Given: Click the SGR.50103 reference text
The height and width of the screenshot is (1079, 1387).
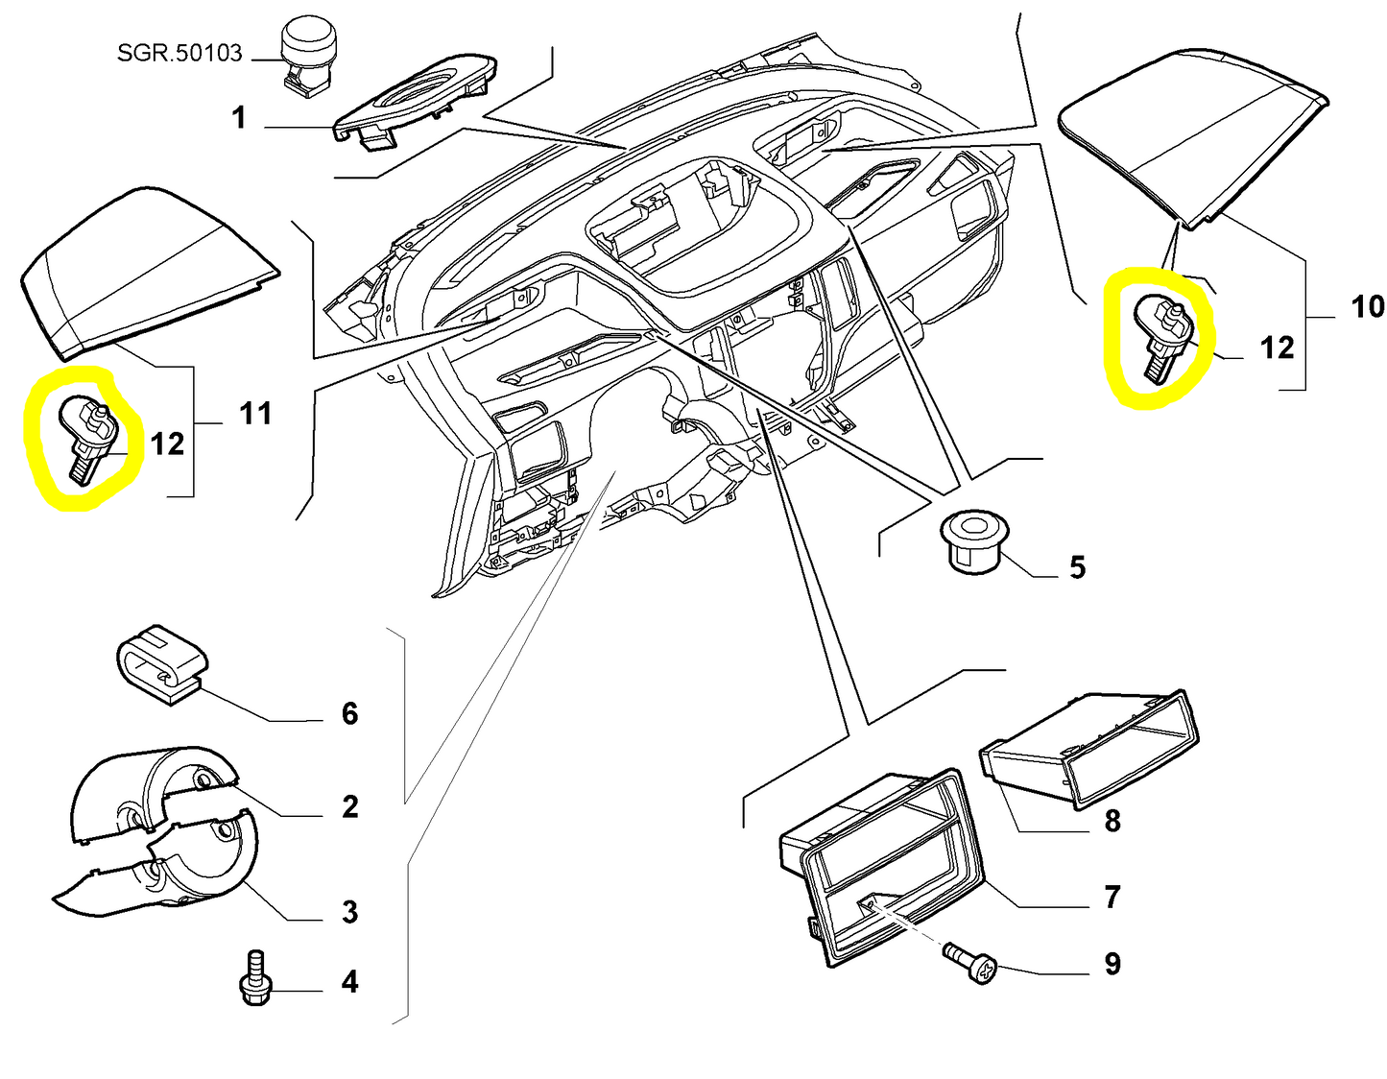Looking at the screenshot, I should tap(179, 53).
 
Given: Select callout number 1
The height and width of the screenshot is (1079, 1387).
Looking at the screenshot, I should tap(239, 118).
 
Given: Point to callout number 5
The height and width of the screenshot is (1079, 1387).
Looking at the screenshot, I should tap(1077, 567).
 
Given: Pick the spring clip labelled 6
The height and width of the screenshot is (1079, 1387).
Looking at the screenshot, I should tap(162, 662).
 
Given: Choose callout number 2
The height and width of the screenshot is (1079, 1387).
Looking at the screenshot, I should tap(350, 806).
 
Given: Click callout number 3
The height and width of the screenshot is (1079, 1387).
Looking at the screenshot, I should tap(350, 911).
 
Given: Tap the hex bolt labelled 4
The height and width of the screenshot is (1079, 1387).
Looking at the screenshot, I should tap(254, 980).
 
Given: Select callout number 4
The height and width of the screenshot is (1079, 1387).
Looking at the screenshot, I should tap(350, 982).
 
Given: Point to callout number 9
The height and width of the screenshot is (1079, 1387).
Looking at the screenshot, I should tap(1112, 964).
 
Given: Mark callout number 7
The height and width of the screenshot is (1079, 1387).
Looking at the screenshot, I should tap(1112, 897).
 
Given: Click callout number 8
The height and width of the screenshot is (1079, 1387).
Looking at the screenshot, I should tap(1112, 821).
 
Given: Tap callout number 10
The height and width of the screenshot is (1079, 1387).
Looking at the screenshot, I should tap(1368, 307).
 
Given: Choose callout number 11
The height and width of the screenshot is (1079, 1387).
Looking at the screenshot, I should tap(255, 414).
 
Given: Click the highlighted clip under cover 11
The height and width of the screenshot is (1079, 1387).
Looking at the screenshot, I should tap(88, 440).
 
